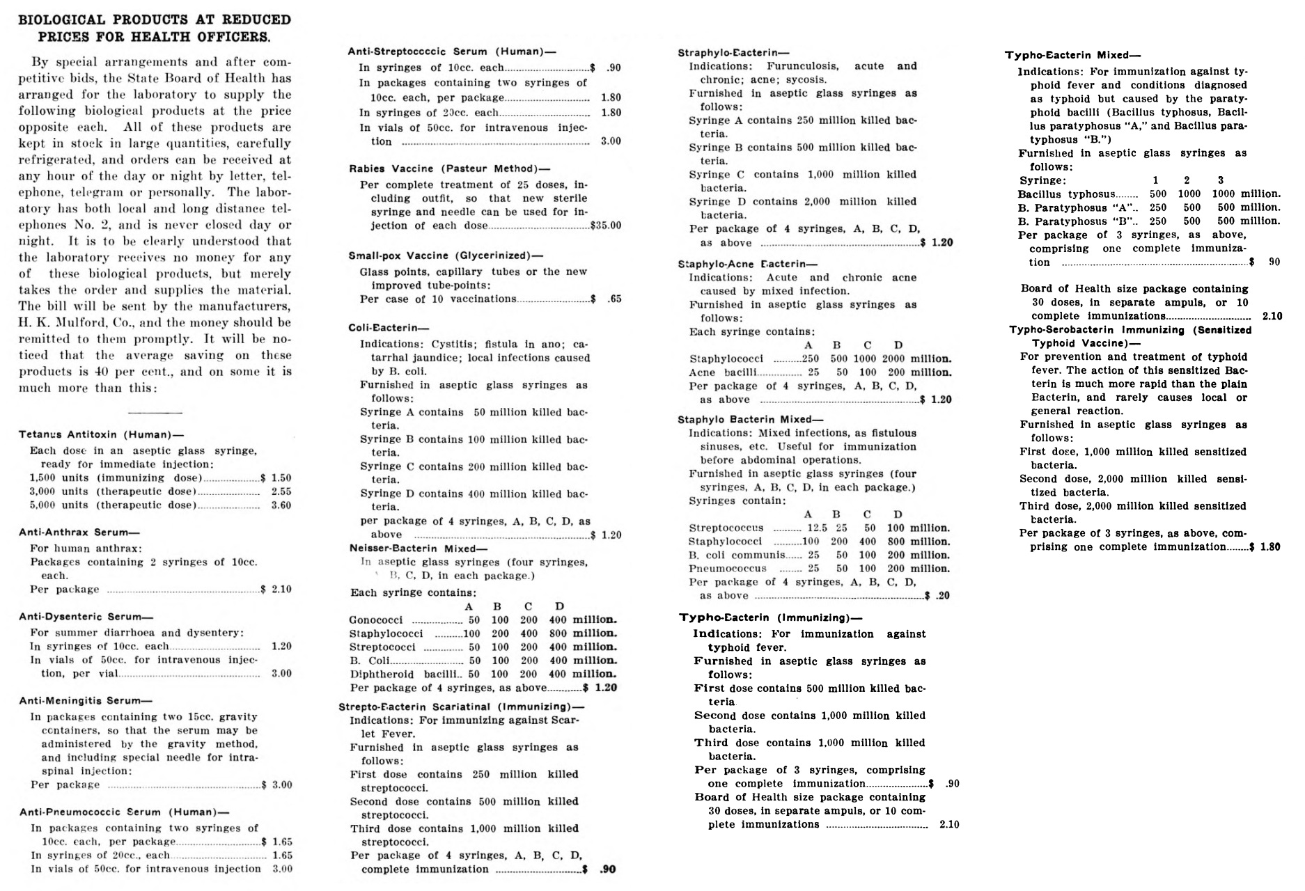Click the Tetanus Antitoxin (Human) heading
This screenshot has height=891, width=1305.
[x=101, y=434]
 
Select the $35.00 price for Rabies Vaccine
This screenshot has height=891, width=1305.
[x=605, y=226]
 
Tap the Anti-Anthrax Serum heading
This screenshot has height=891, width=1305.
[x=79, y=532]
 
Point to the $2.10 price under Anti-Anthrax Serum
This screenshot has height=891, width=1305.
[x=277, y=589]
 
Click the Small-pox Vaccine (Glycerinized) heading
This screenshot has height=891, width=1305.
[x=446, y=255]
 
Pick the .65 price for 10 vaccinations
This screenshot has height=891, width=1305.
[x=614, y=299]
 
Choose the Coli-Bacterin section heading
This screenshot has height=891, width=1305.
[x=389, y=328]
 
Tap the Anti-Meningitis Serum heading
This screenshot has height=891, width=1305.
[x=85, y=700]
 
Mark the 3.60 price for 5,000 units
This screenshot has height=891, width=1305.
[x=281, y=505]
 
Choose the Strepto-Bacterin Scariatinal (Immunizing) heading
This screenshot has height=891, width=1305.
[x=462, y=707]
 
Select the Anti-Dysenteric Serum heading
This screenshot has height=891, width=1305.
[x=85, y=616]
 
